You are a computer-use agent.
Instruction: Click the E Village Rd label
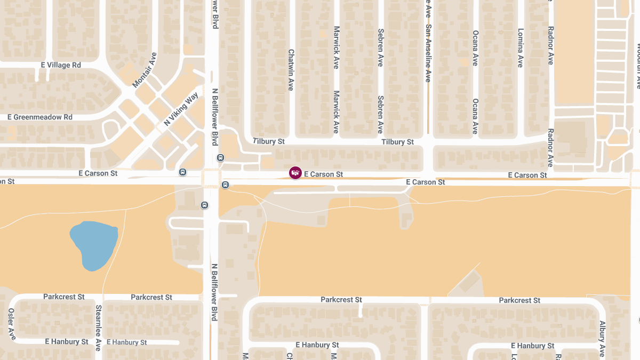pos(61,65)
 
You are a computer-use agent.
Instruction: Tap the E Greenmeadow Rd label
pos(39,117)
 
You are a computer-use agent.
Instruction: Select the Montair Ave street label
pos(145,70)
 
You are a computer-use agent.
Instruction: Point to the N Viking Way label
pos(181,109)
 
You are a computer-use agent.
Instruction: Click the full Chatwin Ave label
pos(291,70)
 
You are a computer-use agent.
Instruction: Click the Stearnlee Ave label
pos(98,327)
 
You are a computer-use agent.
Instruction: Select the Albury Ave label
pos(602,339)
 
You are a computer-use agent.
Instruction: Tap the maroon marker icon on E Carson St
pos(295,173)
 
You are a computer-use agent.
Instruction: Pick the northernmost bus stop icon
pos(220,158)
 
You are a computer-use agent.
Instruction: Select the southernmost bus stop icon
pos(204,205)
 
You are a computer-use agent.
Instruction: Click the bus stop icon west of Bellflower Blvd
pos(183,172)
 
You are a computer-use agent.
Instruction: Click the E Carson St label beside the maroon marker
pos(323,174)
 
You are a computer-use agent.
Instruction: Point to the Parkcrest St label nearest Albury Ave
pos(519,300)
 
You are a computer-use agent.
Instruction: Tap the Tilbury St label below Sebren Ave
pos(397,142)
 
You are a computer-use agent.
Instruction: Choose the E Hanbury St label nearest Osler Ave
pos(67,341)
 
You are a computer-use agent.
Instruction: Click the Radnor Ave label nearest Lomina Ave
pos(550,45)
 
